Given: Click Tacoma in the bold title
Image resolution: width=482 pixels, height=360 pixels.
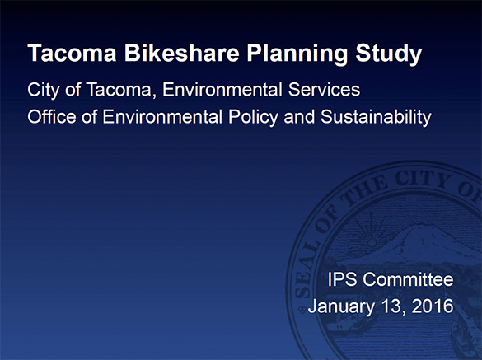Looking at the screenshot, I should (67, 54).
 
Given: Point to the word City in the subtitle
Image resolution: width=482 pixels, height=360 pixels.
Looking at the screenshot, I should (43, 89).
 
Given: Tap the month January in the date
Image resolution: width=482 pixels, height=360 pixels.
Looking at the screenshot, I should (339, 307).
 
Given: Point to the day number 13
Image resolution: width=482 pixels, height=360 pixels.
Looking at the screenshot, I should (391, 307).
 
